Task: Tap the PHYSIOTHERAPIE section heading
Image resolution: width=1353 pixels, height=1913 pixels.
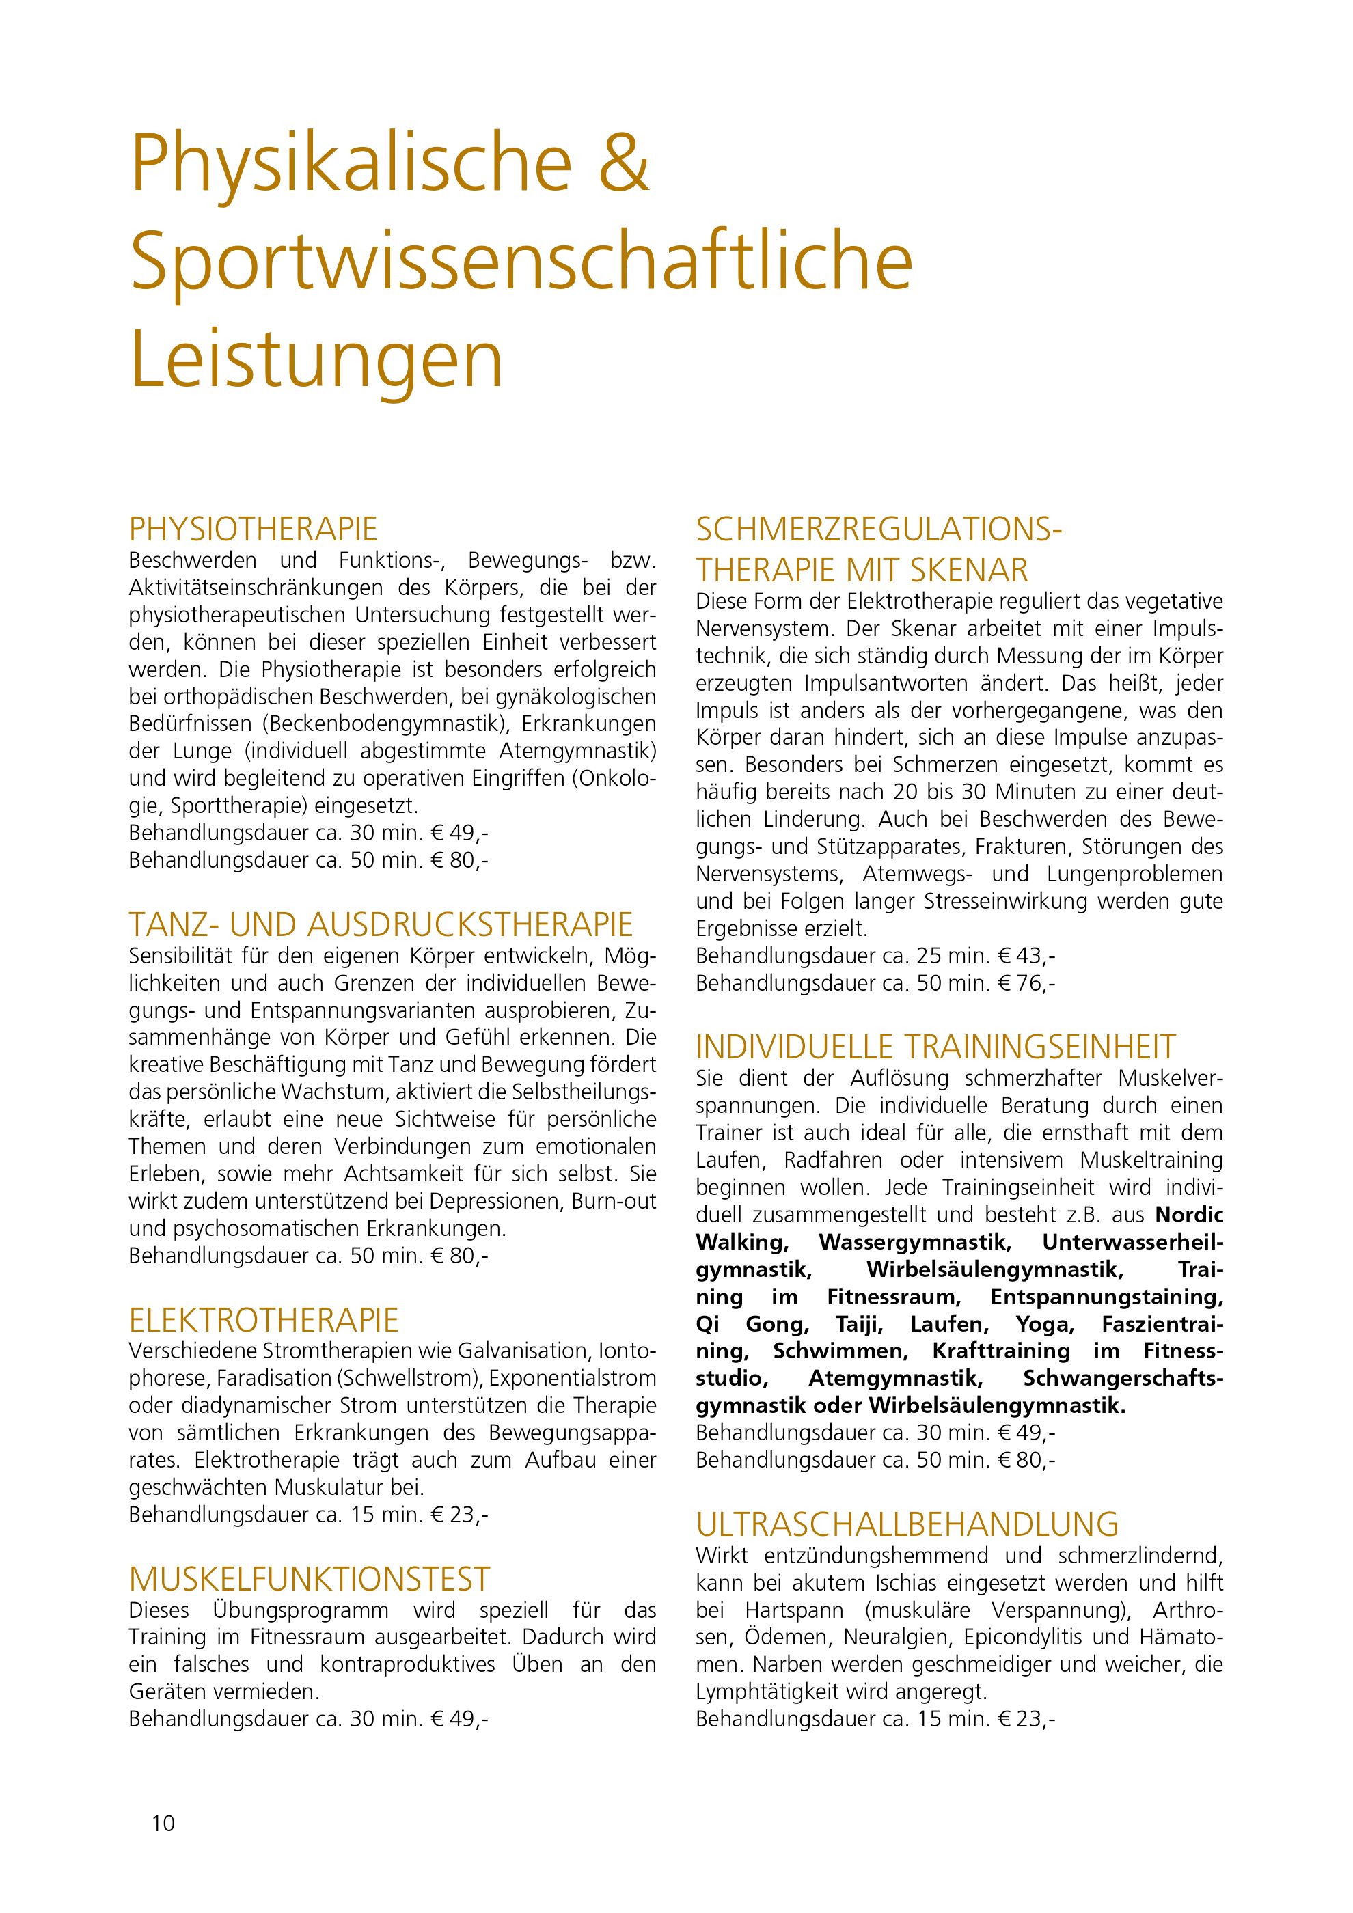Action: [254, 529]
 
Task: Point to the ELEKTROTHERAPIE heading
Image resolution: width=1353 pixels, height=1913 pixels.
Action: [264, 1320]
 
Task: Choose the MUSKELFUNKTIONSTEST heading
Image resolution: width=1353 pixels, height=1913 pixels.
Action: [310, 1578]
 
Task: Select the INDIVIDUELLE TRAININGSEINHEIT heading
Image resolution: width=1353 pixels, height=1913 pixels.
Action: [935, 1047]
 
